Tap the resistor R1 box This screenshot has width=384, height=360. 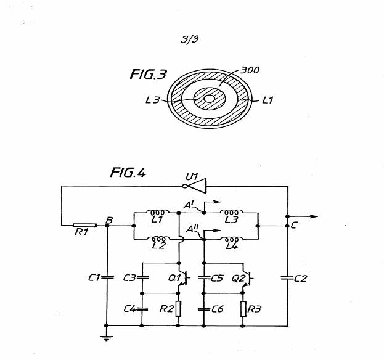81,226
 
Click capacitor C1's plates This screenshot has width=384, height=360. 107,277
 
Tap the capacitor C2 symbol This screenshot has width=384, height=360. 287,278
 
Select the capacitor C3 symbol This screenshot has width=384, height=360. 143,277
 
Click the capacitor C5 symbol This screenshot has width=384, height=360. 204,277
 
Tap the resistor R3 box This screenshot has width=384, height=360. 243,308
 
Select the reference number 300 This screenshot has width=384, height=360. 249,70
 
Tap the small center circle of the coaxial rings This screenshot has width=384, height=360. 210,99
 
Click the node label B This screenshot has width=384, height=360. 109,219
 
